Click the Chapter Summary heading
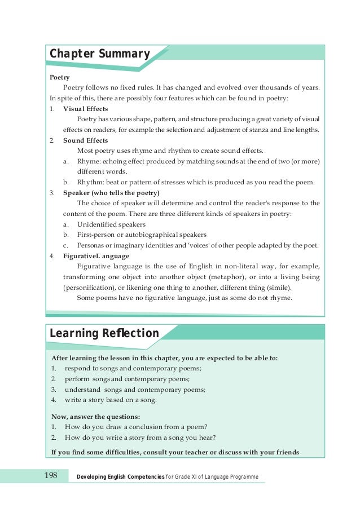pyautogui.click(x=99, y=54)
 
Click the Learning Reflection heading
pyautogui.click(x=104, y=333)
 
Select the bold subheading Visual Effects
pyautogui.click(x=86, y=109)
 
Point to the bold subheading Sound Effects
pyautogui.click(x=85, y=140)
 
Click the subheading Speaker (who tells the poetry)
pyautogui.click(x=111, y=193)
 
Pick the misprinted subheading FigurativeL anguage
pyautogui.click(x=96, y=255)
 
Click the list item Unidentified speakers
pyautogui.click(x=111, y=224)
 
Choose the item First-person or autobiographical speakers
pyautogui.click(x=142, y=235)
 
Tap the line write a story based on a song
pyautogui.click(x=111, y=400)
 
